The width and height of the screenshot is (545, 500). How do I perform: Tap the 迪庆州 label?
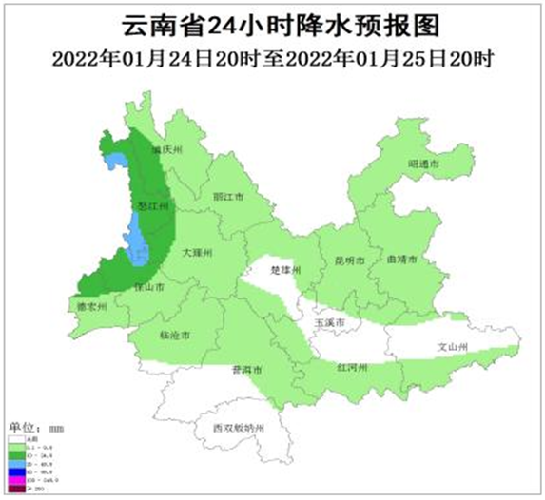[x=165, y=151]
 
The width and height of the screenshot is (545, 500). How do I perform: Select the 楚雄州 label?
[x=285, y=271]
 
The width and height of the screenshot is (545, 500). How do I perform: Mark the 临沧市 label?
[x=176, y=336]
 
